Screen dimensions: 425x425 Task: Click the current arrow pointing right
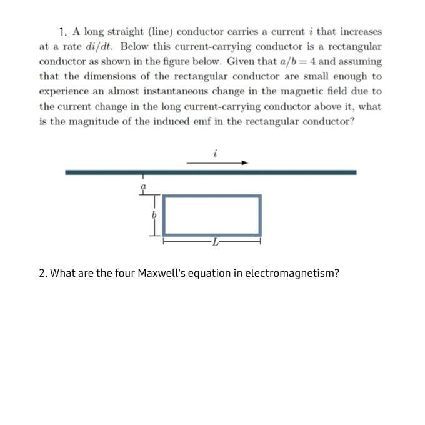coord(217,162)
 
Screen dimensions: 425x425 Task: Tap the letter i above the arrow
coord(214,151)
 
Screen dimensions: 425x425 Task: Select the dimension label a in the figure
coord(143,186)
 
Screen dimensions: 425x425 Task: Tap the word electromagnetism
coord(291,274)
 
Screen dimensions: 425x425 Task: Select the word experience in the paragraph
coord(64,91)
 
